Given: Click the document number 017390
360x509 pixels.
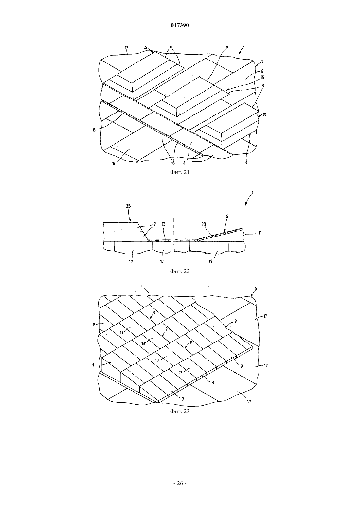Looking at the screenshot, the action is pyautogui.click(x=180, y=26).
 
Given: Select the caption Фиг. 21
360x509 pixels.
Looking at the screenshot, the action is pyautogui.click(x=180, y=172).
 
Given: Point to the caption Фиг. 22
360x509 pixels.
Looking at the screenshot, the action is pyautogui.click(x=180, y=271).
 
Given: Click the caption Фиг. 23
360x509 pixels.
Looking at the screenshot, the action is pyautogui.click(x=180, y=411).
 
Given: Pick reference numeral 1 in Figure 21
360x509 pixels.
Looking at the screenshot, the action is pyautogui.click(x=244, y=48).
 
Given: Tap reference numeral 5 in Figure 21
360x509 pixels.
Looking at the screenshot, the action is pyautogui.click(x=262, y=61).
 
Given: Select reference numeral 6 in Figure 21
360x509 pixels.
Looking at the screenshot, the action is pyautogui.click(x=184, y=163).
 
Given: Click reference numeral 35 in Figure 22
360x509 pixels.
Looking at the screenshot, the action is pyautogui.click(x=128, y=206).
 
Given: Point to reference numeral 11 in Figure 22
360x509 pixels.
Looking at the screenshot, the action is pyautogui.click(x=260, y=233).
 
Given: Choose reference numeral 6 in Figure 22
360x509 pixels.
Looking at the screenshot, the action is pyautogui.click(x=227, y=216).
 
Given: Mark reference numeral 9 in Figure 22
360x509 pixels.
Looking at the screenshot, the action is pyautogui.click(x=154, y=224).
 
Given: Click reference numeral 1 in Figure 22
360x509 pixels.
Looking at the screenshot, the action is pyautogui.click(x=252, y=193).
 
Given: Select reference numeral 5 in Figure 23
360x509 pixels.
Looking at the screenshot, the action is pyautogui.click(x=256, y=288).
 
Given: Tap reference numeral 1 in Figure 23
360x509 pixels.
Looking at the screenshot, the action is pyautogui.click(x=142, y=287).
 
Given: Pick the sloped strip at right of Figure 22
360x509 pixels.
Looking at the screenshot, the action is pyautogui.click(x=221, y=234).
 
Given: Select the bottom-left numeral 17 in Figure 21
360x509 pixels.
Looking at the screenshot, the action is pyautogui.click(x=114, y=163).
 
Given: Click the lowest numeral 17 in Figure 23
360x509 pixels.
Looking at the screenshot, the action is pyautogui.click(x=249, y=402).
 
